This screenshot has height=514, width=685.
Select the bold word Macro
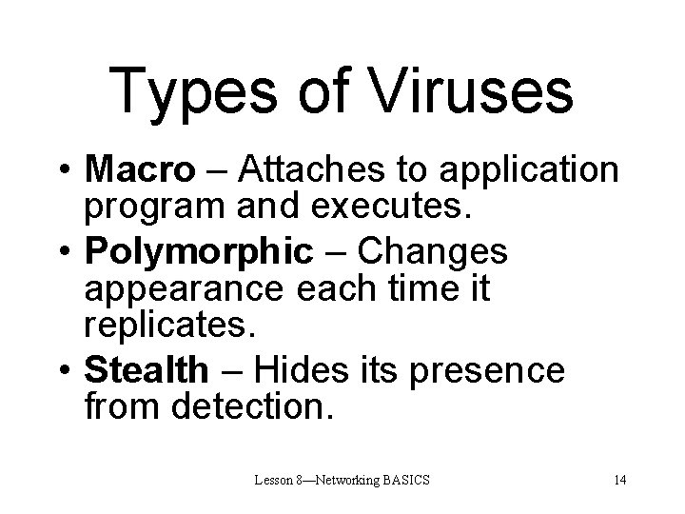click(137, 170)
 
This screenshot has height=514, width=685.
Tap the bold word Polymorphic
click(199, 252)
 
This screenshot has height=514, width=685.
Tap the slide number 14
click(619, 479)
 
